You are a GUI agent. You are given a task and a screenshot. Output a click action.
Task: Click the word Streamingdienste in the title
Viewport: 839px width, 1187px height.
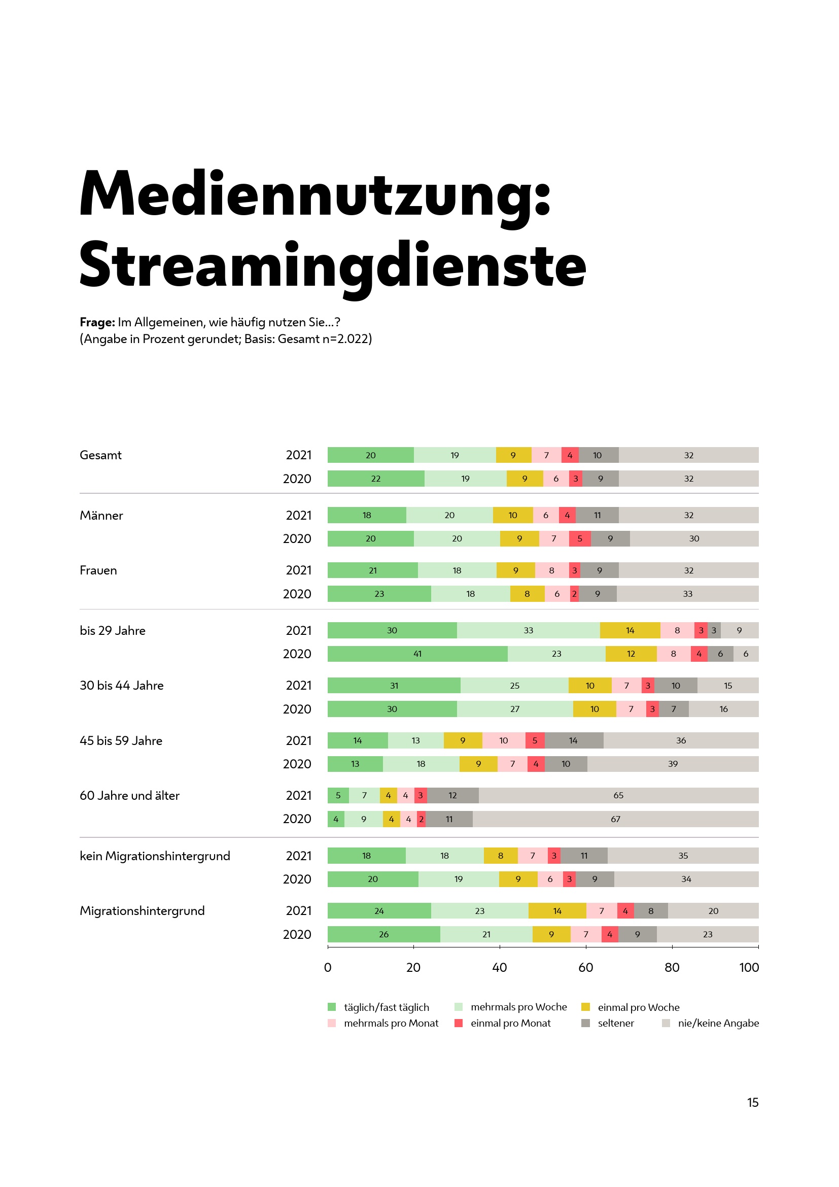(333, 265)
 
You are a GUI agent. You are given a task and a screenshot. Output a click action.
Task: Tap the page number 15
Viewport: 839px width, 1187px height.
(752, 1102)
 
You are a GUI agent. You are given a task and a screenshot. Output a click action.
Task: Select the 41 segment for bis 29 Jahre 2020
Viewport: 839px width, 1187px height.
(417, 654)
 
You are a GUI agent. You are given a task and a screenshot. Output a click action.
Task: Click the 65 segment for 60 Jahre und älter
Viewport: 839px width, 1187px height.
(618, 795)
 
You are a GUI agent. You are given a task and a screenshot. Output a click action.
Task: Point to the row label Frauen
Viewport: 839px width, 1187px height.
(98, 570)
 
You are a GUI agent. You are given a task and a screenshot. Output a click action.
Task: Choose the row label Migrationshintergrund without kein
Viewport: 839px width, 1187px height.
(142, 910)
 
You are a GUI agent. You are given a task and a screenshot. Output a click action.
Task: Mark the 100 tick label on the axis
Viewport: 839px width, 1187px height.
(749, 967)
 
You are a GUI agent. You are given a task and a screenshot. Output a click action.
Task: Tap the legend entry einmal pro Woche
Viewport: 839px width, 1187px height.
(638, 1007)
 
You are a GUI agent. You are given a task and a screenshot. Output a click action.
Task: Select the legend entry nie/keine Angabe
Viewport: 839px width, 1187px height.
(718, 1023)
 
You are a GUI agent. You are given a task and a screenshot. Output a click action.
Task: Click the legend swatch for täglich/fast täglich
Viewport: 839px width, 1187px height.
(332, 1007)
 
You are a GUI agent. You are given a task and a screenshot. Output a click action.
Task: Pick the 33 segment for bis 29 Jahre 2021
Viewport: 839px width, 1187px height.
(528, 630)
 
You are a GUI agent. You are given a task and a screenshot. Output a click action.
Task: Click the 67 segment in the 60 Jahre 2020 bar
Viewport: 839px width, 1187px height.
(615, 819)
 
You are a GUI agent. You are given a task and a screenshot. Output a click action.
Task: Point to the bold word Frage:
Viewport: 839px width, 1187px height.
(97, 322)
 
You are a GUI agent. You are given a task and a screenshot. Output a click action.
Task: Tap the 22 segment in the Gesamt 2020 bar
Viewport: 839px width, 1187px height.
(375, 479)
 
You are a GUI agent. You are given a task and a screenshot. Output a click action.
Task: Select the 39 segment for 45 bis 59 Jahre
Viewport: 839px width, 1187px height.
(673, 764)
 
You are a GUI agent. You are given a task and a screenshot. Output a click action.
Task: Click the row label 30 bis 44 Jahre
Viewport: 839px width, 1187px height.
(121, 686)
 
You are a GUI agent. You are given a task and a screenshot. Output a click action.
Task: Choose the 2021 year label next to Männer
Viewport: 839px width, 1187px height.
(299, 516)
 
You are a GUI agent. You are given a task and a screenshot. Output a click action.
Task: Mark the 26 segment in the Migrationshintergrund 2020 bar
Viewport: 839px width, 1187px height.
(383, 934)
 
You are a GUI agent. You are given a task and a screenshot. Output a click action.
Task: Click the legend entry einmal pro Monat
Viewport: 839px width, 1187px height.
(510, 1023)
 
